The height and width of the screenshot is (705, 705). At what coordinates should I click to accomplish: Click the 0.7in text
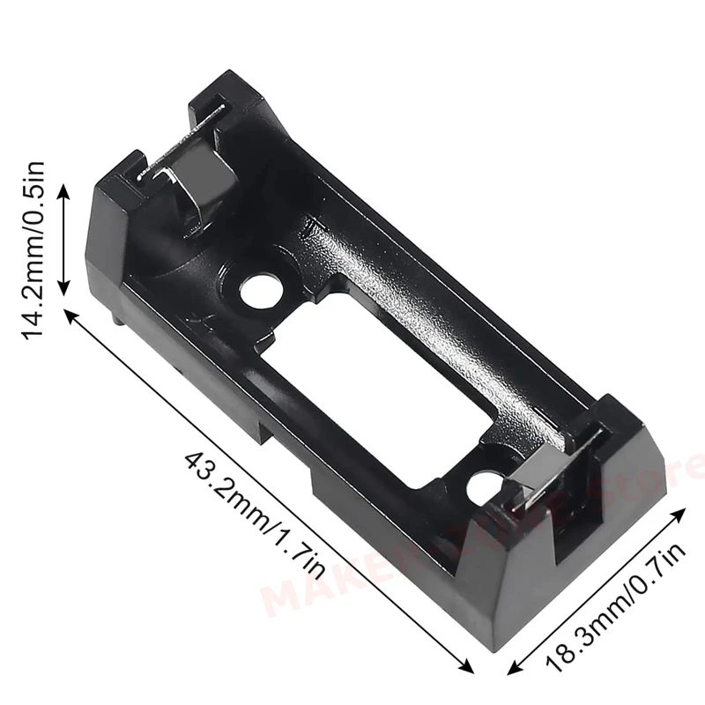[x=657, y=572]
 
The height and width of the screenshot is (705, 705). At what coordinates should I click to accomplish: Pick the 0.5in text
[x=35, y=190]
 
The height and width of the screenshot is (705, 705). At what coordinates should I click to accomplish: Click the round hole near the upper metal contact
[x=259, y=290]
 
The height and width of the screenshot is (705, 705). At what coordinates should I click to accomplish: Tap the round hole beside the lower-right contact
[x=484, y=487]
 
